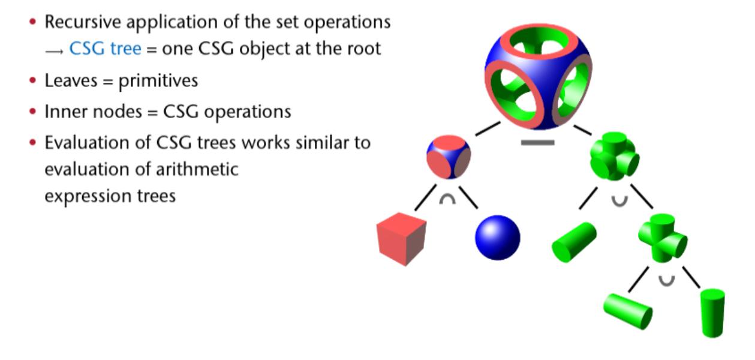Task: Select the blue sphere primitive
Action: [x=497, y=238]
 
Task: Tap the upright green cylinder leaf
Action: [x=712, y=312]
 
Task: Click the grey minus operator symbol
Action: [x=537, y=143]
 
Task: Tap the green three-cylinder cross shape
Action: [x=614, y=157]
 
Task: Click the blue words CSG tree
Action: [x=106, y=49]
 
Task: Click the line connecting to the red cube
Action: [x=425, y=198]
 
